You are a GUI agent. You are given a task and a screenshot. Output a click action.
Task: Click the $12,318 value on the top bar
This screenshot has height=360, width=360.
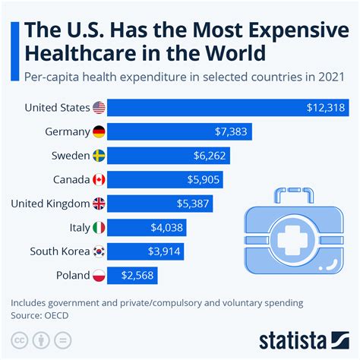pos(324,109)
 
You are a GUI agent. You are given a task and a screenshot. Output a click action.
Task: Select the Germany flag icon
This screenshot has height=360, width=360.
pos(99,132)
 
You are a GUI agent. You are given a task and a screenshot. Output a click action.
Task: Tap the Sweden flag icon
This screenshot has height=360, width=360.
pos(99,156)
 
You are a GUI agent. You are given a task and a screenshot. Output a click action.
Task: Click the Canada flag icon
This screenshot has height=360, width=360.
pos(99,180)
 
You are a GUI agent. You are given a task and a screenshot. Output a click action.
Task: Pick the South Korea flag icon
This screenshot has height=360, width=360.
pos(99,251)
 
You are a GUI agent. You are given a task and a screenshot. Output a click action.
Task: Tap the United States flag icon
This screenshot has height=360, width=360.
pos(99,109)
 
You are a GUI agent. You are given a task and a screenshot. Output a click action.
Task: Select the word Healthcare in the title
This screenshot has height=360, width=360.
pos(81,55)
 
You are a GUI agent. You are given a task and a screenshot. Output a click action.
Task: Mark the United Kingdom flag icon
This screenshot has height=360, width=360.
pos(99,204)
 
